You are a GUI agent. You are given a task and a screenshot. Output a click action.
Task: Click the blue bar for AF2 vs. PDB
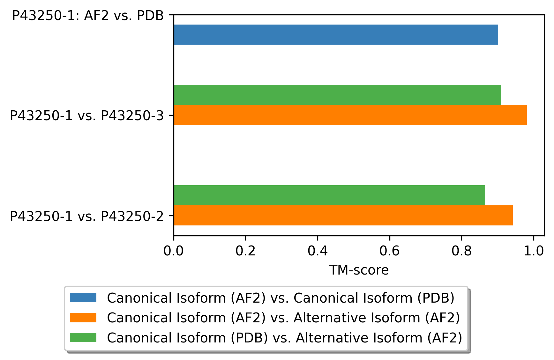coord(336,34)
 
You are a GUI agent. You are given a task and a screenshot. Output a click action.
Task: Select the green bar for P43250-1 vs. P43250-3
coord(337,95)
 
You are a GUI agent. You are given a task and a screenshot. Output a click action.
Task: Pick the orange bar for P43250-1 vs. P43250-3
coord(350,115)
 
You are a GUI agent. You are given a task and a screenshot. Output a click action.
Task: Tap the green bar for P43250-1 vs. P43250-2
coord(329,195)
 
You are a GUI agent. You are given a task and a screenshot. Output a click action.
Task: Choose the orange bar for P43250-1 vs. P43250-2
coord(343,215)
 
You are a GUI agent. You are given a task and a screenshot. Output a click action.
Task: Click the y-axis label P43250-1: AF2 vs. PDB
coord(88,15)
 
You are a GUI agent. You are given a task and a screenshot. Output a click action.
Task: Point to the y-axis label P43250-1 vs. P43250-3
coord(87,115)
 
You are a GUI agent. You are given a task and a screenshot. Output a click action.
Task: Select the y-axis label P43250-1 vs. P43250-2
coord(87,216)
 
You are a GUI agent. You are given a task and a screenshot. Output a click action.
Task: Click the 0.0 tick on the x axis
coord(174,251)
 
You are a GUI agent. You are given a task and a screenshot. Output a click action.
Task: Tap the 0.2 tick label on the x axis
coord(245,251)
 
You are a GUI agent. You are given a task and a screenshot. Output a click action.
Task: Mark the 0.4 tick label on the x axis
coord(318,251)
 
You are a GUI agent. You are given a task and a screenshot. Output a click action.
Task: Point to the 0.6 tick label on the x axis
coord(390,251)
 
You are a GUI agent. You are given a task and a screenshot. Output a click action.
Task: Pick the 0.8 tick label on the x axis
coord(461,251)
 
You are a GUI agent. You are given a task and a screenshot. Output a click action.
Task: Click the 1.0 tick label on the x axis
coord(533,251)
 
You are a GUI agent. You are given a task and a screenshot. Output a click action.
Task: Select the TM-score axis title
coord(359,270)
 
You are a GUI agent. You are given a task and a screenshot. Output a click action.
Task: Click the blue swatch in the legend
coord(83,298)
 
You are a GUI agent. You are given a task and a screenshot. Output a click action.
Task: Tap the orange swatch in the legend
coord(83,318)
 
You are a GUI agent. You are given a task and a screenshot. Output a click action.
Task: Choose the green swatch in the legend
coord(83,337)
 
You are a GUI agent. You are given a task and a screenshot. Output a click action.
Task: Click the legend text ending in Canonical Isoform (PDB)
coord(281,298)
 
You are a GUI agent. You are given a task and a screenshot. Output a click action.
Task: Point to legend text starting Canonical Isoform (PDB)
coord(285,338)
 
